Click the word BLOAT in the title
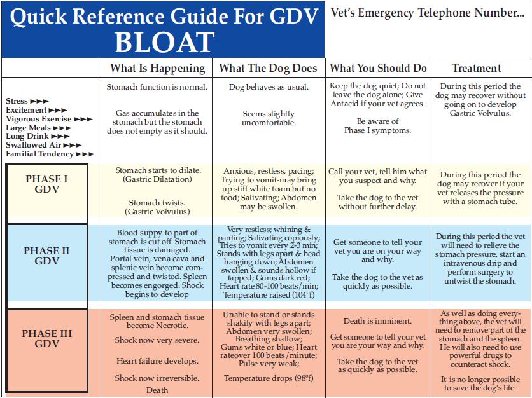click(x=164, y=41)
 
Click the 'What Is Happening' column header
click(x=158, y=68)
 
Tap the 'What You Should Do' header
click(x=379, y=68)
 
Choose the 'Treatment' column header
click(x=477, y=68)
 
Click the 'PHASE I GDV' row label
click(x=46, y=184)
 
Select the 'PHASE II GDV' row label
click(x=46, y=256)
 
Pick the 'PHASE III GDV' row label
click(x=46, y=339)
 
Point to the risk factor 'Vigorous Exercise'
click(x=48, y=119)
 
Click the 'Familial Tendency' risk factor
click(x=50, y=154)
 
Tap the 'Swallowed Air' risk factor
click(x=43, y=145)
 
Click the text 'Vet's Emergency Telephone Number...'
click(x=428, y=13)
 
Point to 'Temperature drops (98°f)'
click(x=269, y=378)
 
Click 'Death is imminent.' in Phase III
click(x=377, y=321)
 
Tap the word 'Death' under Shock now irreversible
click(x=157, y=390)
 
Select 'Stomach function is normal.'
click(x=157, y=87)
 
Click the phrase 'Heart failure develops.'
click(x=157, y=361)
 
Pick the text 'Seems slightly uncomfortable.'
click(x=269, y=118)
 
